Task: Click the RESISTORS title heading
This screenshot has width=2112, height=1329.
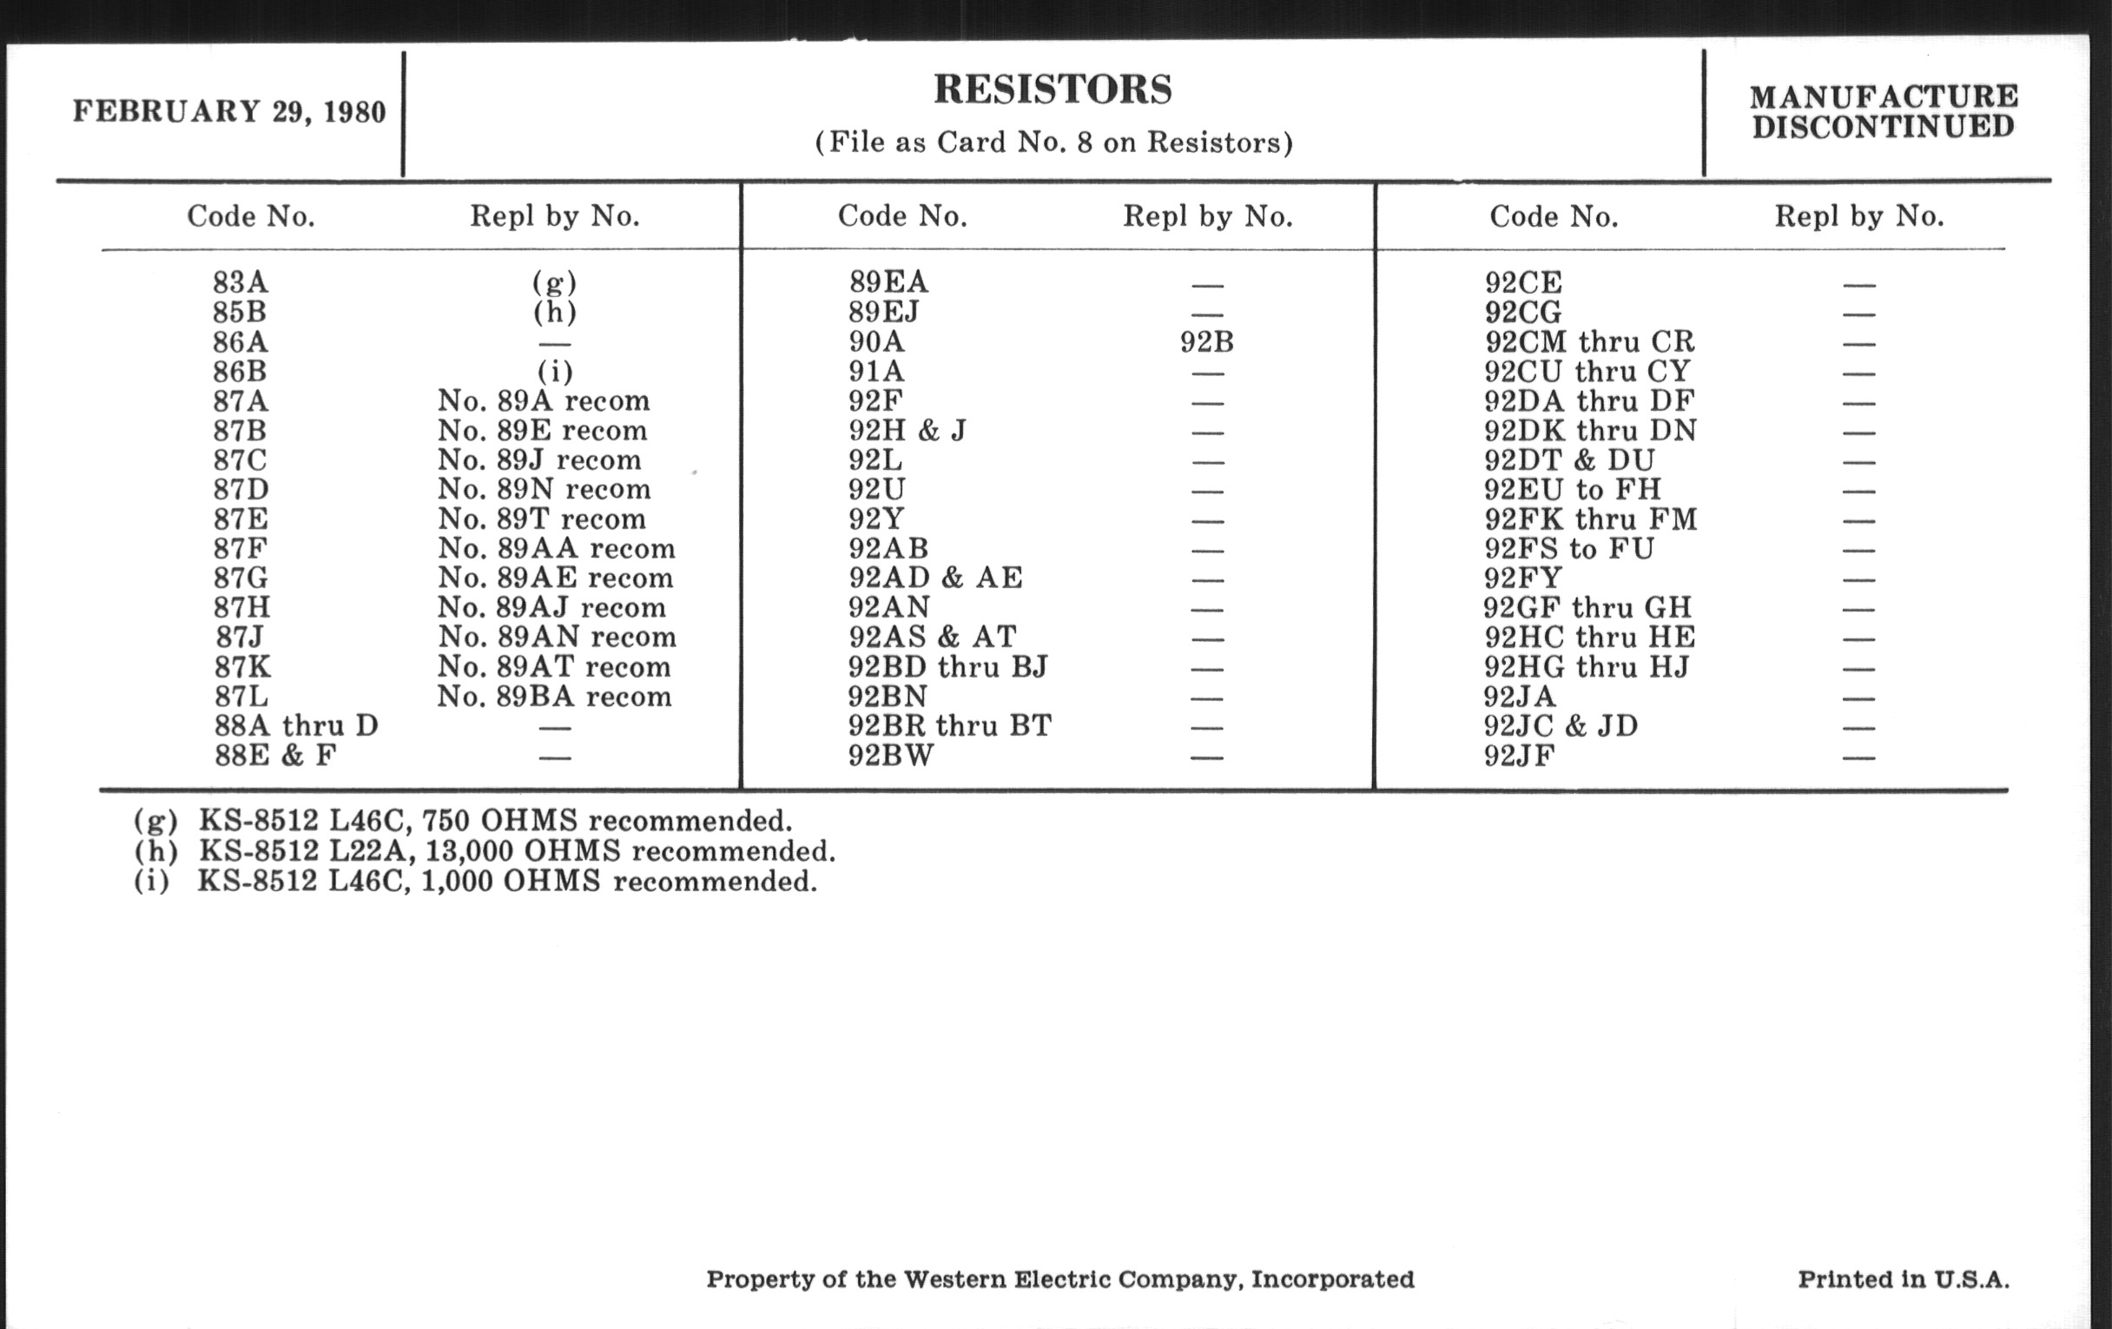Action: pos(1053,89)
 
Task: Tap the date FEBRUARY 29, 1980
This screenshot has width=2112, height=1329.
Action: pos(229,112)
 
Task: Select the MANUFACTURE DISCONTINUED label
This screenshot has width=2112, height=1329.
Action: pos(1883,111)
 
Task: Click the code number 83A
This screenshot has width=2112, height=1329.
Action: pos(241,282)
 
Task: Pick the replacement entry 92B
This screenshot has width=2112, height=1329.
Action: pos(1207,342)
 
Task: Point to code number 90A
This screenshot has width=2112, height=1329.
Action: pos(876,342)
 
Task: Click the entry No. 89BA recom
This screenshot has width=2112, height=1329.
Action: pos(554,697)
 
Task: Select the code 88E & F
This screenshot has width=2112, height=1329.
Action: pos(275,756)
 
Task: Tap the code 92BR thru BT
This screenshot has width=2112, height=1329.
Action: pos(949,726)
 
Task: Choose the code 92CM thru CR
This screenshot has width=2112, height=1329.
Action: pos(1589,342)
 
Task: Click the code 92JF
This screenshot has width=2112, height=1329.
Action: pos(1519,756)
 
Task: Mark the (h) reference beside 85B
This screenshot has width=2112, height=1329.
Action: pos(554,313)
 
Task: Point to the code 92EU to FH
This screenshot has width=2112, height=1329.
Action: pos(1573,490)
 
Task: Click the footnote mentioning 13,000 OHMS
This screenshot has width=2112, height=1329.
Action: pos(485,851)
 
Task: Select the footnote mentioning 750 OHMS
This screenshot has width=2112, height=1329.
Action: pos(462,821)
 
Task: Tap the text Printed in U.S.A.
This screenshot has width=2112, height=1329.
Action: pos(1904,1279)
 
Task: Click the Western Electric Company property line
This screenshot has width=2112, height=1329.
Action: pos(1059,1279)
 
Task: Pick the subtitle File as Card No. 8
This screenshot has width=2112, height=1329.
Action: pos(1053,143)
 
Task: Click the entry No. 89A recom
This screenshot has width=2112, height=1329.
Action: pos(544,401)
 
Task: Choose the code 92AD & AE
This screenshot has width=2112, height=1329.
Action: pos(935,579)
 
